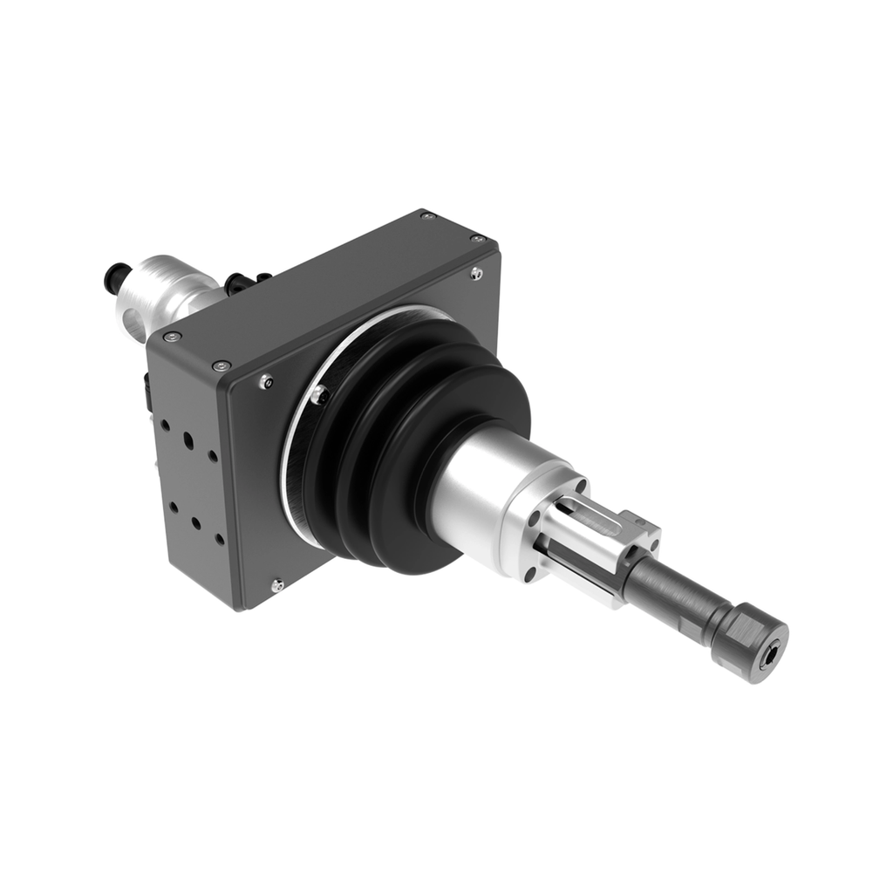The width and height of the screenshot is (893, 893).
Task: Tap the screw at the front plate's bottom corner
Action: (278, 583)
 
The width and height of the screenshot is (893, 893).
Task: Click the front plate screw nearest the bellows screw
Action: (267, 381)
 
